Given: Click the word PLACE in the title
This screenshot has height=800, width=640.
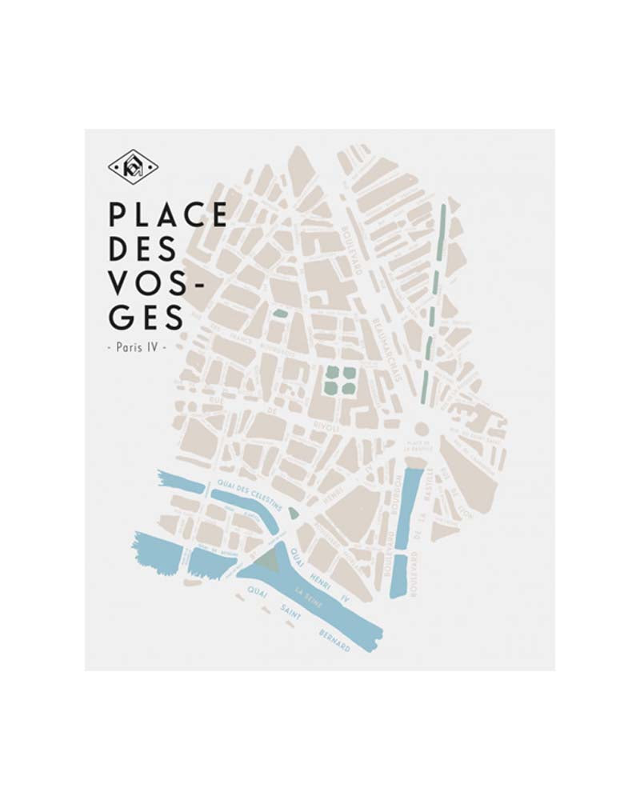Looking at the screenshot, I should coord(168,215).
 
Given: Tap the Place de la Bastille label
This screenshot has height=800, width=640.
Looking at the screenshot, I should coord(418,445).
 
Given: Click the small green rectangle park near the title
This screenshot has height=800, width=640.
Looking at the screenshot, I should coord(279,314).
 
